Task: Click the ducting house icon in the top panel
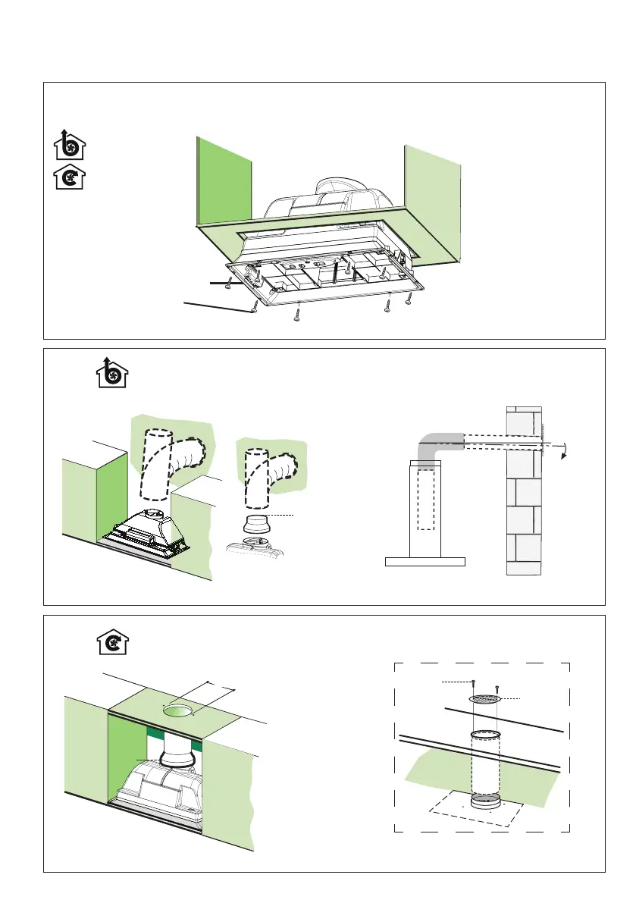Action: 69,144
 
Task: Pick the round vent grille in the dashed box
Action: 485,698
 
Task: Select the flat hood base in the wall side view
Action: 425,562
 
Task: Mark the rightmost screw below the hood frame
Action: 410,298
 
